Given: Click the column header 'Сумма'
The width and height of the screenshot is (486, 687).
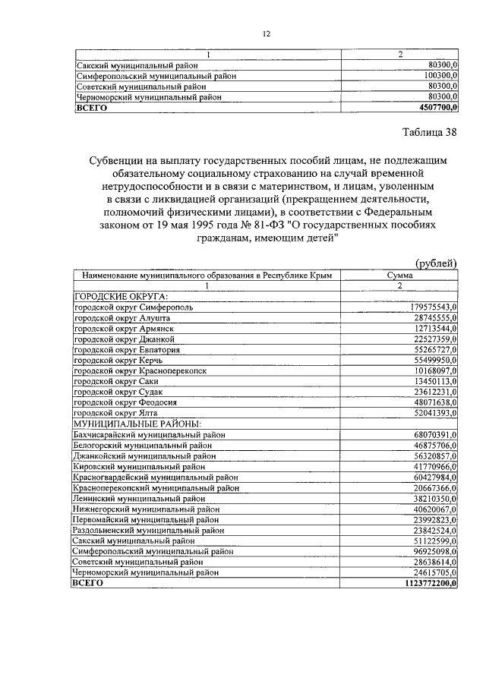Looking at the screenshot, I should (400, 276).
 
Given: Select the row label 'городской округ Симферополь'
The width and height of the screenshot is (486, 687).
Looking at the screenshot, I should (133, 308).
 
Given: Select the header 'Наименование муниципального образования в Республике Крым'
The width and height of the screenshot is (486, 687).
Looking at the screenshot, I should (207, 276).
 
